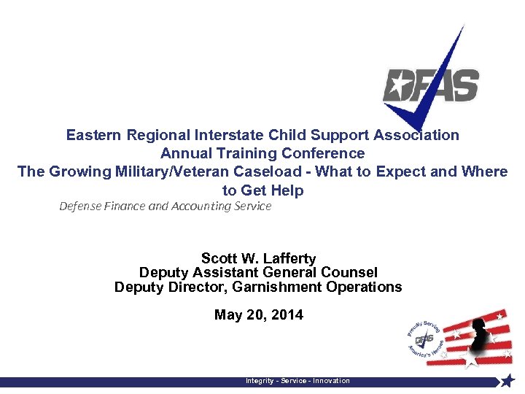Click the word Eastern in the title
coord(94,135)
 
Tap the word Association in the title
coord(416,135)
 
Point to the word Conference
coord(325,153)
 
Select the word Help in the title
coord(286,190)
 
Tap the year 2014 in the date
coord(287,315)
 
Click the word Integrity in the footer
coord(260,381)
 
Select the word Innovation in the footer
coord(331,381)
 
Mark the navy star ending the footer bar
coord(507,381)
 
